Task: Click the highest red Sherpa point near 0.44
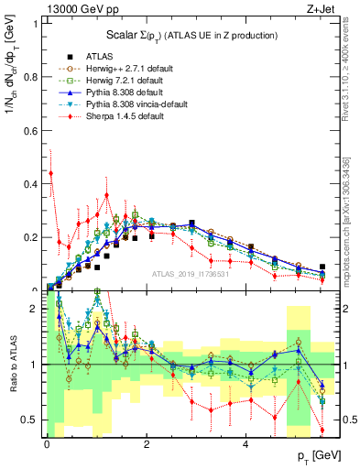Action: pos(51,172)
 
